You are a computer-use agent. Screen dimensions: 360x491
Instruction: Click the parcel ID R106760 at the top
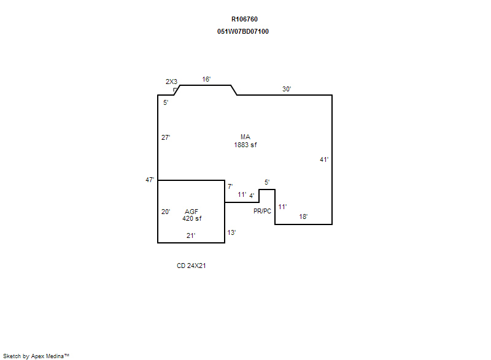[244, 19]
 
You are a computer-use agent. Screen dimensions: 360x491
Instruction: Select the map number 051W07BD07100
[243, 31]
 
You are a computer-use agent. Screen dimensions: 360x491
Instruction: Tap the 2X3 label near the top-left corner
[172, 82]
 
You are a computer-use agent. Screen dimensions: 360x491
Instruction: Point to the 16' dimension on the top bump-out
[207, 79]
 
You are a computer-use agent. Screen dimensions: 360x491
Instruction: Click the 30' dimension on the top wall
[287, 89]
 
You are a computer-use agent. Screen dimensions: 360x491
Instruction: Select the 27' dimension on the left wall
[166, 137]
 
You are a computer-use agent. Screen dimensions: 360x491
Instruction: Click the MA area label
[245, 137]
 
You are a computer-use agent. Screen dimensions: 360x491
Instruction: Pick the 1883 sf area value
[245, 145]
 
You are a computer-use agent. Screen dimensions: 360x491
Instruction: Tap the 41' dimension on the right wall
[324, 159]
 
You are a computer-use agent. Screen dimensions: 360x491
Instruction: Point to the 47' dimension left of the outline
[150, 180]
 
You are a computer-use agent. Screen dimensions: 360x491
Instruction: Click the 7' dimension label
[230, 186]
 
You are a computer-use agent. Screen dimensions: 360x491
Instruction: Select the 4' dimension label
[252, 196]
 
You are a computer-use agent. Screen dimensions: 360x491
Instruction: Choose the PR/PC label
[262, 211]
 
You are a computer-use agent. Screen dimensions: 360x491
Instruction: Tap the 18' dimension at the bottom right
[303, 216]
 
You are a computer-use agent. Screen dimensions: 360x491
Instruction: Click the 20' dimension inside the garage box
[166, 212]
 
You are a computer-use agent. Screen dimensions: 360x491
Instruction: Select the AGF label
[191, 212]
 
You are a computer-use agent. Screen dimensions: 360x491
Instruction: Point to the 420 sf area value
[191, 218]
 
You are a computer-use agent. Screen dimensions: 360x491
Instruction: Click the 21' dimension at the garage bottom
[191, 235]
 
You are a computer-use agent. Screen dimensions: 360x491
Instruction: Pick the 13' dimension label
[231, 232]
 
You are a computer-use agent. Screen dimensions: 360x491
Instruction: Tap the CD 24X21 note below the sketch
[191, 266]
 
